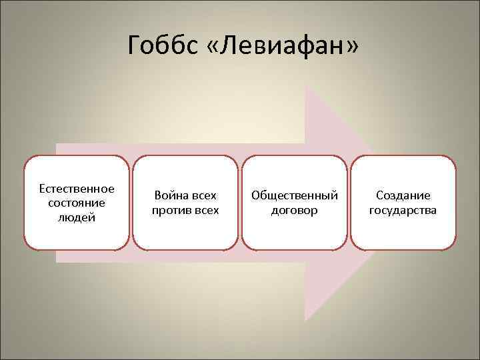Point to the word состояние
coord(77,202)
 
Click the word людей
coord(77,217)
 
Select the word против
coord(169,211)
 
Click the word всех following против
coord(204,211)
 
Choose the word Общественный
coord(294,196)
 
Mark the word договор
coord(294,211)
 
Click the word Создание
coord(403,196)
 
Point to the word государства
coord(403,211)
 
